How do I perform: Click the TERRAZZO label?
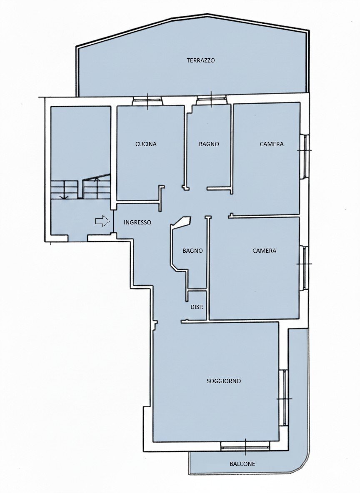200,60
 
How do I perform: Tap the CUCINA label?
146,144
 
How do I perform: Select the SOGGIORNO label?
224,381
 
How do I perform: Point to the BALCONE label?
242,464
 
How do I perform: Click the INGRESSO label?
137,222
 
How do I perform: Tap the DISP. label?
197,307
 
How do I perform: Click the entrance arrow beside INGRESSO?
102,222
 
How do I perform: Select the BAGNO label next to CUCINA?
209,144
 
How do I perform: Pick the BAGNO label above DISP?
192,251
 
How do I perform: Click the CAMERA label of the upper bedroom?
272,144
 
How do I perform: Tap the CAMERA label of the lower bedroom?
264,251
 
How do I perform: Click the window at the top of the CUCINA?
147,101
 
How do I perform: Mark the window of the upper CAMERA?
305,156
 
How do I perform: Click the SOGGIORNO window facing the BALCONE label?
245,446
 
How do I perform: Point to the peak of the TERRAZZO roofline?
207,14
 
